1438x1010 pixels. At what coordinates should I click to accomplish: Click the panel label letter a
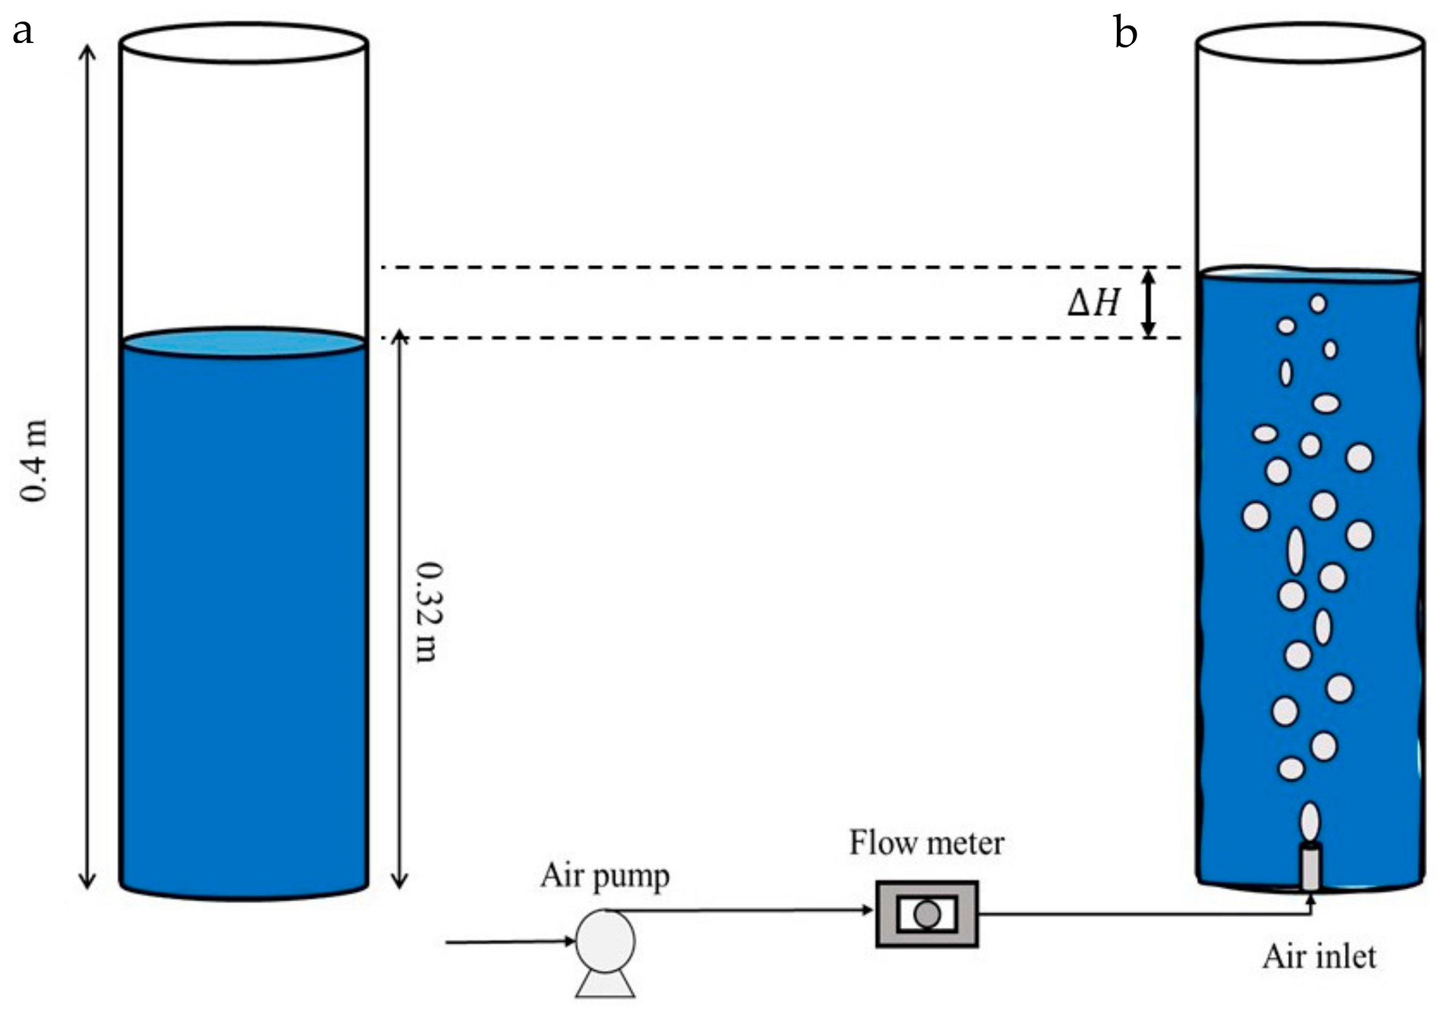click(23, 31)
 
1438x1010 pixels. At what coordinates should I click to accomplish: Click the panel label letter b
click(1125, 33)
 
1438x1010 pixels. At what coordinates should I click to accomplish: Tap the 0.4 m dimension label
click(33, 460)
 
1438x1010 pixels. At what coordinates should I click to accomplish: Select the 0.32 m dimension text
click(430, 612)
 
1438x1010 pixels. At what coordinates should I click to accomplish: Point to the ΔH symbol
click(1093, 304)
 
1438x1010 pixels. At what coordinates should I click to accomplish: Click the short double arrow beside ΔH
click(1148, 303)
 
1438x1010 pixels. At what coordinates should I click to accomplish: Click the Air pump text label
click(605, 876)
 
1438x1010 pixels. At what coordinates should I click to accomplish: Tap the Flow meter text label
click(926, 844)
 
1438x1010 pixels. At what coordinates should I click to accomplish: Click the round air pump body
click(605, 941)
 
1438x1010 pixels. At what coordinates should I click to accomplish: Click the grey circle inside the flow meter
click(927, 914)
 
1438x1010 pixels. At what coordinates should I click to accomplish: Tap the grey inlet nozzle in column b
click(1310, 867)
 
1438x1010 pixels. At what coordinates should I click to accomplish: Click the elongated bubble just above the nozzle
click(1310, 821)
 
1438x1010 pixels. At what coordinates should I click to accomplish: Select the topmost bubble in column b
click(1318, 304)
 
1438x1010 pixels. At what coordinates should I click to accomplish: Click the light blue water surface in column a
click(243, 343)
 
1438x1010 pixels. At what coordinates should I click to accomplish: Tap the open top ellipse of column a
click(243, 42)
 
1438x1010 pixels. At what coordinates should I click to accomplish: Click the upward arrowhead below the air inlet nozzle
click(1310, 900)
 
